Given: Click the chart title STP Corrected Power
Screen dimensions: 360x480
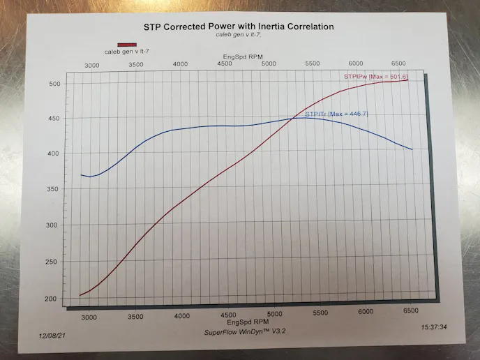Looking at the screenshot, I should (x=239, y=27).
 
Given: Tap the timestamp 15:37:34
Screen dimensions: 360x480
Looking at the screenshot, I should (x=434, y=326).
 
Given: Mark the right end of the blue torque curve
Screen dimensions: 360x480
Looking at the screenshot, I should (x=412, y=149).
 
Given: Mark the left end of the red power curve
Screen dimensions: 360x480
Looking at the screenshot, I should (x=80, y=295).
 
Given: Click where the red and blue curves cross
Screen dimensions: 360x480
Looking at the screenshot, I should (x=293, y=119).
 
